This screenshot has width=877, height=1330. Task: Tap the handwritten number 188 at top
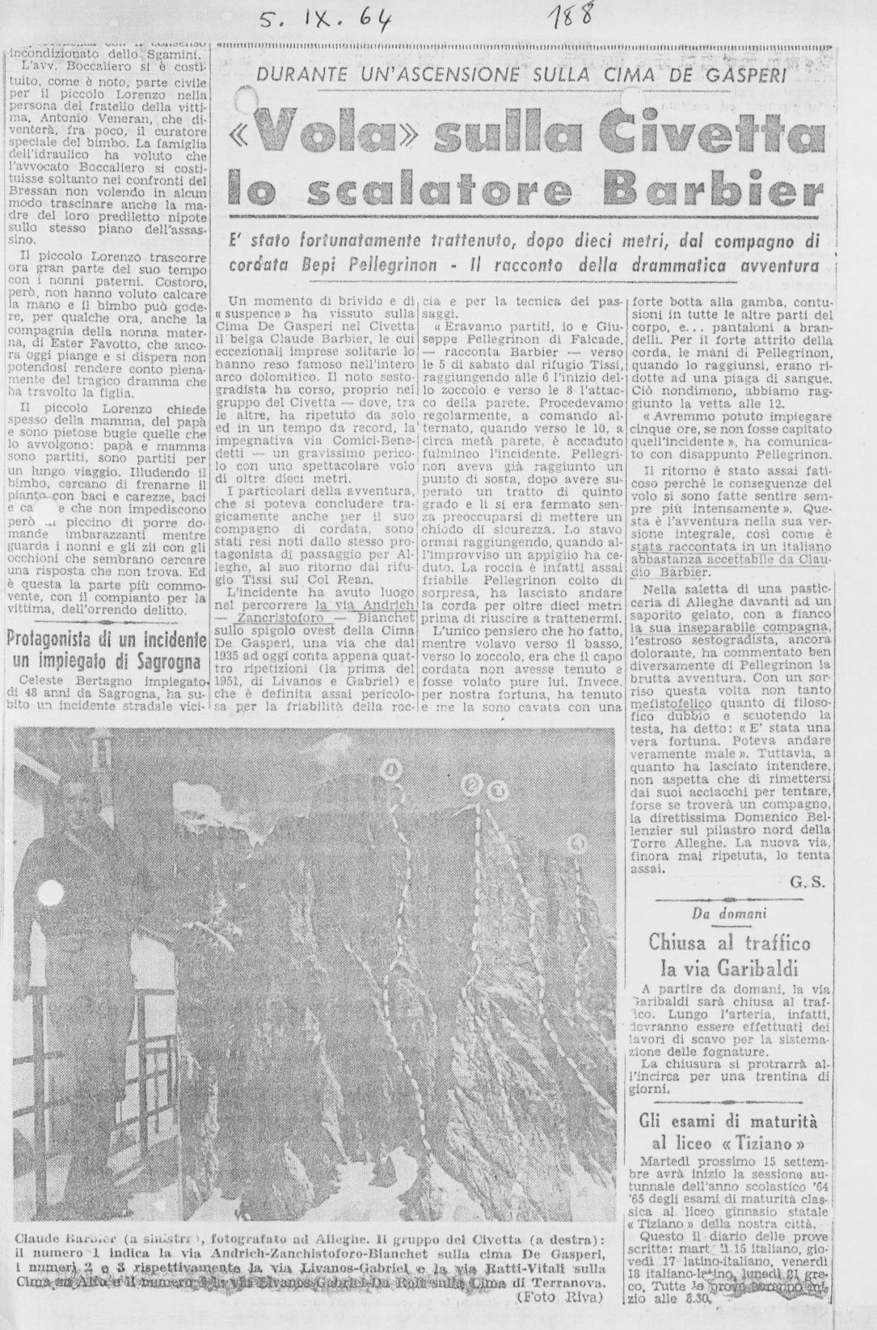tap(571, 15)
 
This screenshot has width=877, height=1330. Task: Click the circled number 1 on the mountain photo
tap(394, 769)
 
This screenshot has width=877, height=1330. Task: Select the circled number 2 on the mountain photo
tap(472, 784)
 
